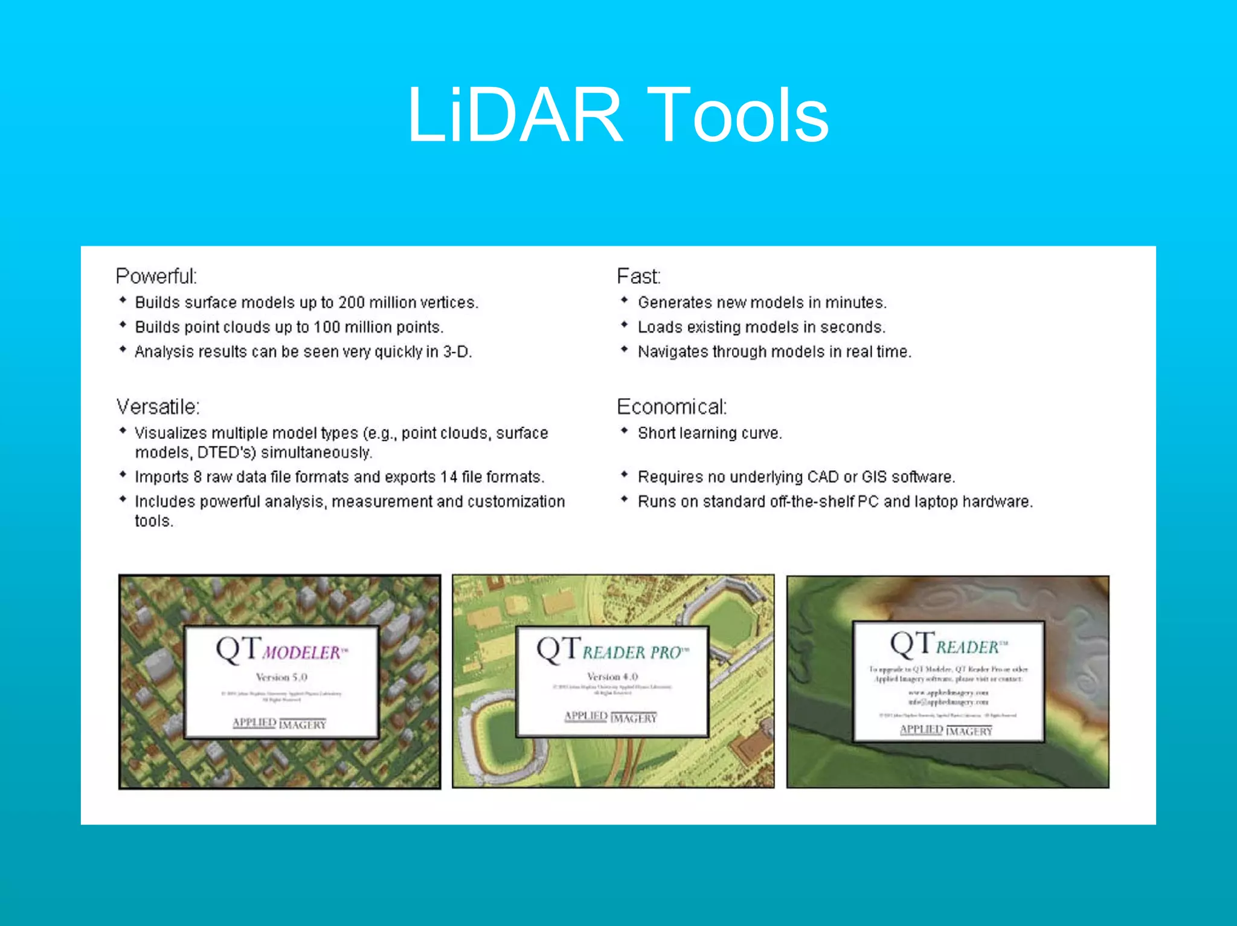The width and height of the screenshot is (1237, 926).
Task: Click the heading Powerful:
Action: click(x=156, y=276)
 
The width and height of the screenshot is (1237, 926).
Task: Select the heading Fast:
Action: click(x=638, y=276)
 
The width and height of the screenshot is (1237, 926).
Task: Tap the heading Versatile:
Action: click(x=158, y=407)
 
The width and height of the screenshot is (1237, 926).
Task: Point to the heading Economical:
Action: click(x=672, y=407)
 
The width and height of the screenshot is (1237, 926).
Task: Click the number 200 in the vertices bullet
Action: click(x=351, y=302)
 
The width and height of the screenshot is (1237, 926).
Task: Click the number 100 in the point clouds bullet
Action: click(x=327, y=327)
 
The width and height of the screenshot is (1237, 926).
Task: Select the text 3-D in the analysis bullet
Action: click(x=456, y=352)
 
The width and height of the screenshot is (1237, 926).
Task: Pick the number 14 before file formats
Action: click(x=449, y=477)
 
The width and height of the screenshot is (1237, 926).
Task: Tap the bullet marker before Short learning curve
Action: click(x=625, y=431)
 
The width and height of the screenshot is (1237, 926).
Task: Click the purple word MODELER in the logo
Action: click(x=302, y=653)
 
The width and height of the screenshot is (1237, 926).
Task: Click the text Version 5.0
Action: click(x=281, y=677)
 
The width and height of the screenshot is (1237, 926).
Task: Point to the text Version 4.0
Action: click(x=612, y=677)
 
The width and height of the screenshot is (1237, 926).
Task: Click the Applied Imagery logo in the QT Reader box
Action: click(x=946, y=730)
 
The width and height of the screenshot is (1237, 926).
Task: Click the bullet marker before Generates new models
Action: click(x=625, y=300)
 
